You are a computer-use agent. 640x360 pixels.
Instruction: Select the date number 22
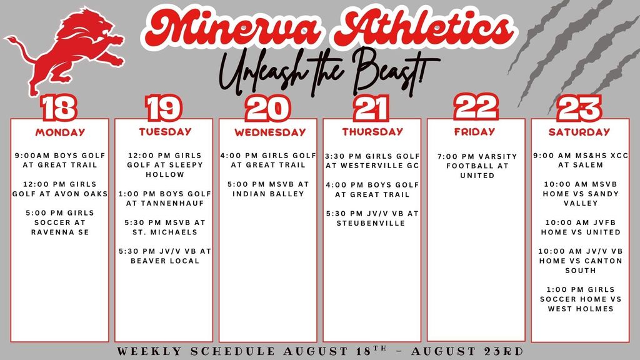click(x=476, y=106)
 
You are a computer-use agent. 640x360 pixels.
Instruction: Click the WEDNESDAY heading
click(x=270, y=132)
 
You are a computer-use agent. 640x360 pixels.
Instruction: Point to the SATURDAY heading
click(x=579, y=132)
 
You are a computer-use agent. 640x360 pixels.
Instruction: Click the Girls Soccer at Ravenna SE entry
click(x=61, y=222)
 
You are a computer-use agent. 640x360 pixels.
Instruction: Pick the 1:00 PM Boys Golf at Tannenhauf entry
click(x=164, y=198)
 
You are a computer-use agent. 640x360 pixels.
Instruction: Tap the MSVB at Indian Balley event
click(x=268, y=189)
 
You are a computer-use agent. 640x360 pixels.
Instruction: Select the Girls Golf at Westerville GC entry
click(x=372, y=161)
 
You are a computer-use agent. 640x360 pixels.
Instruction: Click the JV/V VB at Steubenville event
click(x=372, y=218)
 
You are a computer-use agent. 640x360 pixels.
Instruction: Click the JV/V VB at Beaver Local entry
click(x=164, y=256)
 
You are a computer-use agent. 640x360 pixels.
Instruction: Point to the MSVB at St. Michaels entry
click(x=164, y=227)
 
